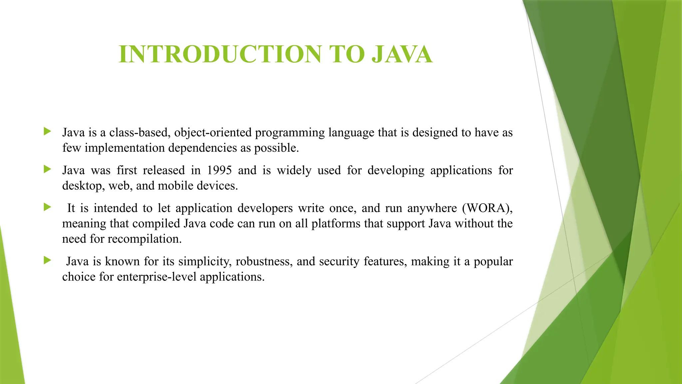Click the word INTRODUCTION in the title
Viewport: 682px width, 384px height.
(220, 54)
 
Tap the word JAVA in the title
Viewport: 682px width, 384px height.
(402, 54)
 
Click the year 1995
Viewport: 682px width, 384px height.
(219, 170)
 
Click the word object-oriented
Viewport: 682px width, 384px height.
(213, 133)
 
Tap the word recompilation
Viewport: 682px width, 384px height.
(145, 239)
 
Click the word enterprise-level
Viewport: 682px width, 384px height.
(157, 277)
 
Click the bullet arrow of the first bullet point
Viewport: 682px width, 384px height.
(47, 131)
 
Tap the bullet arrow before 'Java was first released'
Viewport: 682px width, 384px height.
(47, 169)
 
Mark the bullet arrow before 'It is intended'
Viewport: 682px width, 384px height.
(47, 207)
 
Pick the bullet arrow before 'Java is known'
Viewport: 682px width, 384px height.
(47, 260)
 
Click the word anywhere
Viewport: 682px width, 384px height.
(432, 208)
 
